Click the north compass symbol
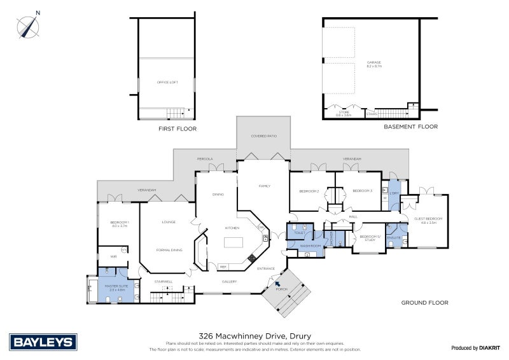28,25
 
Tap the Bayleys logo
43,342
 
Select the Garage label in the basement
373,63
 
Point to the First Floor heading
177,129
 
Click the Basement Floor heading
410,127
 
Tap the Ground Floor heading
424,303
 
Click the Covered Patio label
263,136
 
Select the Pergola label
204,158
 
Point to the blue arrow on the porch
277,284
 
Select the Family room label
264,186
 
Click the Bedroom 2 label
308,191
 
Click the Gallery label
229,281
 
